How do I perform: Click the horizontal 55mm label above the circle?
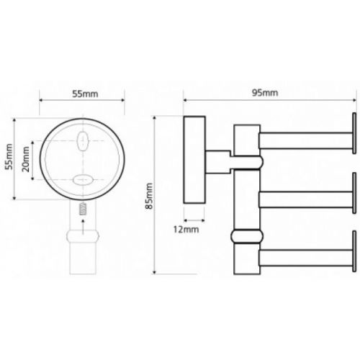point(85,94)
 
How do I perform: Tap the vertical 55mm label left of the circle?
point(9,156)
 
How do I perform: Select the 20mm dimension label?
point(25,159)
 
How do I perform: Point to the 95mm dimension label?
point(265,93)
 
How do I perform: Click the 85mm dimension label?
point(149,196)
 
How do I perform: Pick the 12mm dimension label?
point(186,230)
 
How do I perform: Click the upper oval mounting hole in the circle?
point(83,141)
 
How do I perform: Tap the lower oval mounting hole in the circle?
point(83,180)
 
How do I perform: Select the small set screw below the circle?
point(83,210)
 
